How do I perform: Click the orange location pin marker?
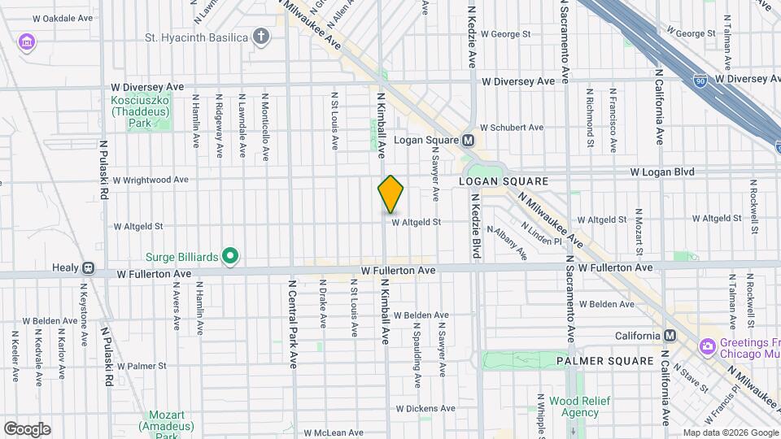(x=390, y=194)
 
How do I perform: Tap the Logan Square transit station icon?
(x=469, y=139)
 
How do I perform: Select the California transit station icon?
(x=670, y=336)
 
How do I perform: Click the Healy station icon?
(x=88, y=267)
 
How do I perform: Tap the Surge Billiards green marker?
(x=230, y=257)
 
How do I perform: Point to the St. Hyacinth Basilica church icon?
(x=261, y=36)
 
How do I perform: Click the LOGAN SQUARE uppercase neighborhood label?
(x=504, y=180)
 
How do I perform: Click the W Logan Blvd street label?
(x=663, y=172)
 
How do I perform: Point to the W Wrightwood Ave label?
(x=151, y=180)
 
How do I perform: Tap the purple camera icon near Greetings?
(x=707, y=347)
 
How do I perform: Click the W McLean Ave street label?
(x=335, y=432)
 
